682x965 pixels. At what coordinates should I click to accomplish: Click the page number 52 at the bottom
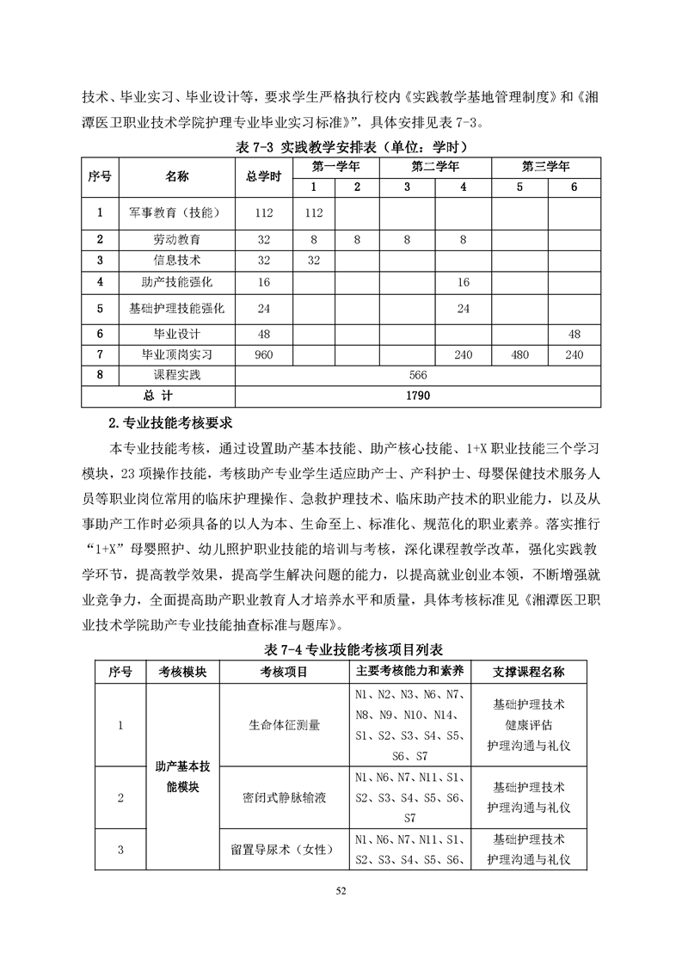(341, 890)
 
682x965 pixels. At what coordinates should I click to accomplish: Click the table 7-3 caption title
(341, 146)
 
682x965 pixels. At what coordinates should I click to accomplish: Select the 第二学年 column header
(434, 166)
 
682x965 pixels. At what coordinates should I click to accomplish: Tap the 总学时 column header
(263, 176)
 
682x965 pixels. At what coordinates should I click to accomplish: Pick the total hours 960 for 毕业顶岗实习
(263, 353)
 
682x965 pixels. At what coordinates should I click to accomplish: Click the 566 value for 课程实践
(418, 375)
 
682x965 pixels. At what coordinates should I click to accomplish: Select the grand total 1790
(418, 396)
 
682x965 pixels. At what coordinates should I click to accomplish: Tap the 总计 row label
(158, 396)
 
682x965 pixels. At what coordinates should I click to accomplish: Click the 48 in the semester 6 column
(574, 334)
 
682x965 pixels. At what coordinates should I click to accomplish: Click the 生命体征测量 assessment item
(284, 725)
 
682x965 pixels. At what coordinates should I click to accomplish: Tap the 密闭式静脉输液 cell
(284, 797)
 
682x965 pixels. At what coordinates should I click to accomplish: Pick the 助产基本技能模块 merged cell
(182, 776)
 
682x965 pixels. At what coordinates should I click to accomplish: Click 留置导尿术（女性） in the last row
(284, 850)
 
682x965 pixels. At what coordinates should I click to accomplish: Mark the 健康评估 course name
(528, 725)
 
